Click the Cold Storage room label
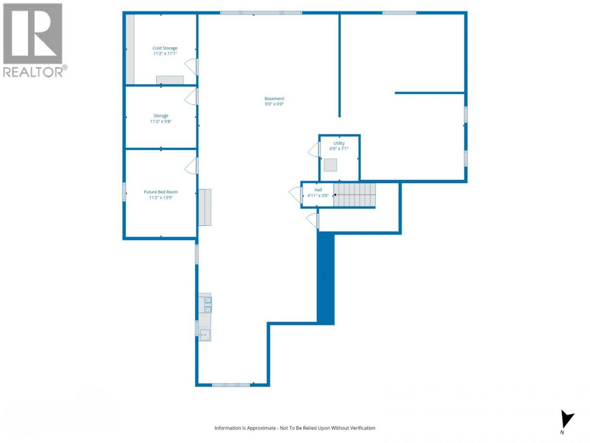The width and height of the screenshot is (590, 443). pos(165,48)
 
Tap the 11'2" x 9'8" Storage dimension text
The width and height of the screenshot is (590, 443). pos(161,121)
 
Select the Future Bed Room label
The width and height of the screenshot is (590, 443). pos(161,192)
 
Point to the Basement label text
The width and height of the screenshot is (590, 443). pos(274,99)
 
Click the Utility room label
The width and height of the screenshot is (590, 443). pos(339,143)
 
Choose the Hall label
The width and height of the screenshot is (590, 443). pos(318,190)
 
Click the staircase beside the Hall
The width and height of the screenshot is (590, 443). pos(355,195)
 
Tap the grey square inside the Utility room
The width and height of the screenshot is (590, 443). pos(330,165)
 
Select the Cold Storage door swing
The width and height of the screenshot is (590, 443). pos(191,67)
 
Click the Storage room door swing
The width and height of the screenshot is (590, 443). pos(191,97)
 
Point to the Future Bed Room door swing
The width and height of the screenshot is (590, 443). pos(191,166)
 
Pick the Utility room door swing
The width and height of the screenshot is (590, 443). pos(314,149)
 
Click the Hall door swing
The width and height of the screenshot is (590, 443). pos(295,195)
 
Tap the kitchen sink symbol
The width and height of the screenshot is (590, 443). pos(205,335)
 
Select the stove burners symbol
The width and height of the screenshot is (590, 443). pos(208,305)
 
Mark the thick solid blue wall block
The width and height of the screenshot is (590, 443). pos(326,278)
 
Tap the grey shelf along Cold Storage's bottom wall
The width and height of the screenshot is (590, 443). pos(170,80)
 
